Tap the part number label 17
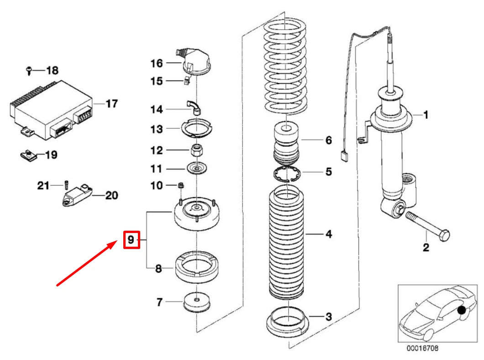pos(111,104)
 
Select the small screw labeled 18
pos(29,71)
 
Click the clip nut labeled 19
pos(28,155)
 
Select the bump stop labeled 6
pos(286,143)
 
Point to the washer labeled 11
pos(196,169)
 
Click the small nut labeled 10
pos(180,185)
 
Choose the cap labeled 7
pos(196,302)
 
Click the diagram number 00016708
pos(422,348)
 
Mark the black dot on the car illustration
pos(462,310)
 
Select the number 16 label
pos(157,64)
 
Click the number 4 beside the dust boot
pos(329,234)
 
